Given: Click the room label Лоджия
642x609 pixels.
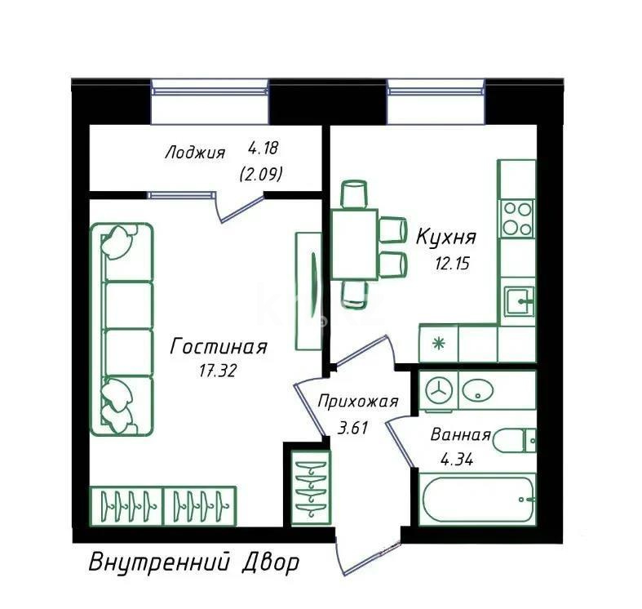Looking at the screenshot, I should click(194, 153).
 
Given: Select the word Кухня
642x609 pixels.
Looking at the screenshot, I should click(445, 238).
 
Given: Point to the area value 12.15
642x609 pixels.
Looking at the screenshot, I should click(452, 264).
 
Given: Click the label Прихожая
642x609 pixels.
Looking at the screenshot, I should click(357, 401).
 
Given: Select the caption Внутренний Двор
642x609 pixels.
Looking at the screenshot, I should click(193, 562).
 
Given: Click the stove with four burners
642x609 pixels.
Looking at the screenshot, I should click(517, 218).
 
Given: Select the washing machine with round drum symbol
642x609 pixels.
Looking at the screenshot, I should click(439, 390).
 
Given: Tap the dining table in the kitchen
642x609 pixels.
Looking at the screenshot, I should click(354, 244).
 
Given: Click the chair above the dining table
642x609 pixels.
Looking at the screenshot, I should click(354, 194).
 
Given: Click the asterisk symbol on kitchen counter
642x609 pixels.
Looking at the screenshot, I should click(438, 344).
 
